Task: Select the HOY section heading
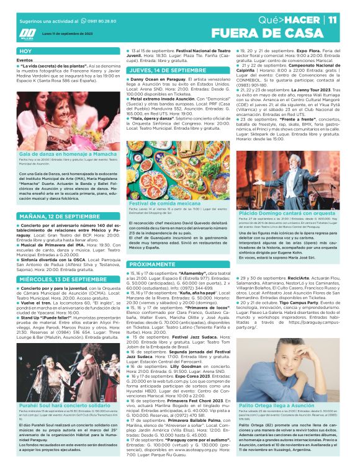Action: [x=26, y=51]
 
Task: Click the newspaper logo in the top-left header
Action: [x=27, y=33]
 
